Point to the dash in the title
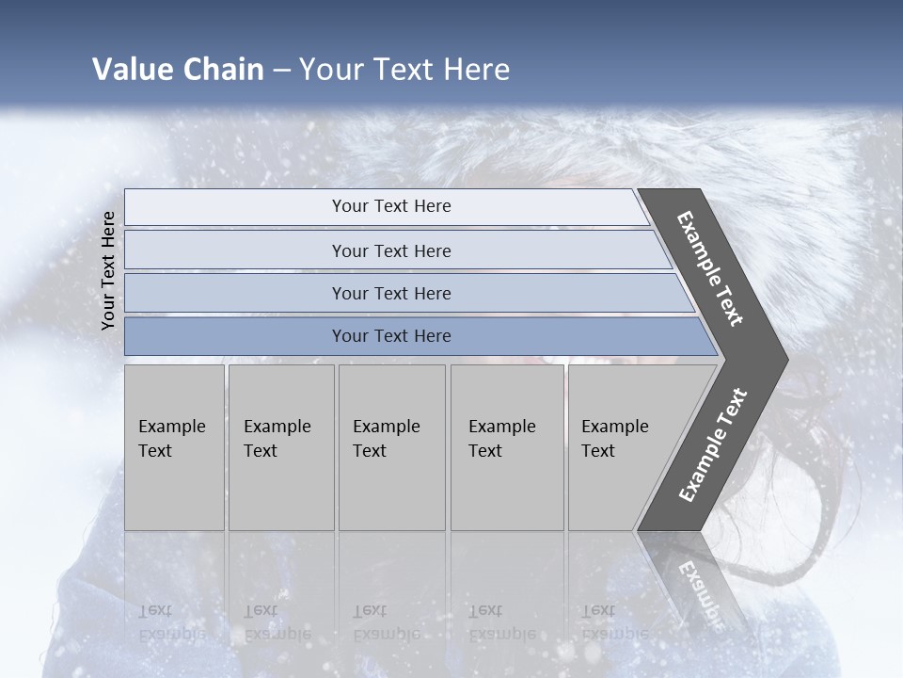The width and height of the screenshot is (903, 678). tap(281, 71)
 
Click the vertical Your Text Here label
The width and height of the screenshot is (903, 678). tap(108, 270)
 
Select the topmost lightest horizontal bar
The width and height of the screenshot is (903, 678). tap(390, 206)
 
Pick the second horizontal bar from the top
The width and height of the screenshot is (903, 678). tap(390, 250)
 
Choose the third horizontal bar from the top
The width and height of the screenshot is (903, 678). tap(390, 293)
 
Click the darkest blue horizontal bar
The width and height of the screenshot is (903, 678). tap(390, 336)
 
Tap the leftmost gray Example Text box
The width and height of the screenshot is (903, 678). tap(174, 446)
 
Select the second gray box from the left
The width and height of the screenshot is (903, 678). tap(280, 446)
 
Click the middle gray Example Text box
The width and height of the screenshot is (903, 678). tap(391, 446)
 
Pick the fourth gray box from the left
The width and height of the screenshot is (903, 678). tap(506, 446)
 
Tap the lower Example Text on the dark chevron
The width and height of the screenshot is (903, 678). tap(713, 444)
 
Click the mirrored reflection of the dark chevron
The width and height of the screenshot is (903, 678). tap(696, 579)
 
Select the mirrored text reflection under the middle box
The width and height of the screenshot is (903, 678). tap(385, 622)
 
